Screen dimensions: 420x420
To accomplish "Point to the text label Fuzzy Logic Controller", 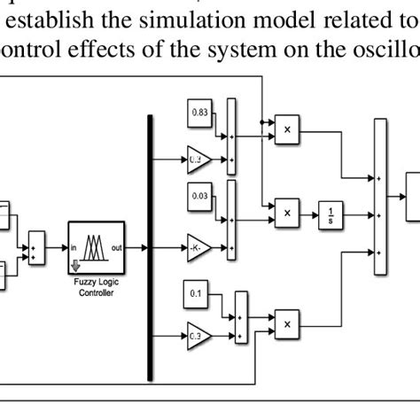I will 95,287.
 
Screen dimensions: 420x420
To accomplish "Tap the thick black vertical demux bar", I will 150,247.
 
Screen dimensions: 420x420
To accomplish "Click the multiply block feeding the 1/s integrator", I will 287,213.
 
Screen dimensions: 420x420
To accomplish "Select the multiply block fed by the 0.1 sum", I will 287,325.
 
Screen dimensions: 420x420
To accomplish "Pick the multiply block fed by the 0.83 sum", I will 287,130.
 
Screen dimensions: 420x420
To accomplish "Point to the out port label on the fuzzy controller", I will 114,247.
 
